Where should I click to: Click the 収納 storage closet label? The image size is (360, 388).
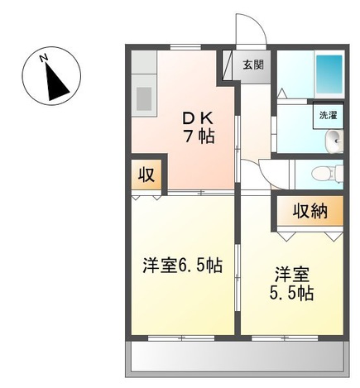pyautogui.click(x=310, y=211)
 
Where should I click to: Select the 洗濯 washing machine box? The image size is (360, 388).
pyautogui.click(x=329, y=116)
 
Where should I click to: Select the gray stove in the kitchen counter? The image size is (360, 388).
pyautogui.click(x=144, y=98)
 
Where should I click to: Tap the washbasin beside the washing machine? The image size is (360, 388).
pyautogui.click(x=334, y=142)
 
